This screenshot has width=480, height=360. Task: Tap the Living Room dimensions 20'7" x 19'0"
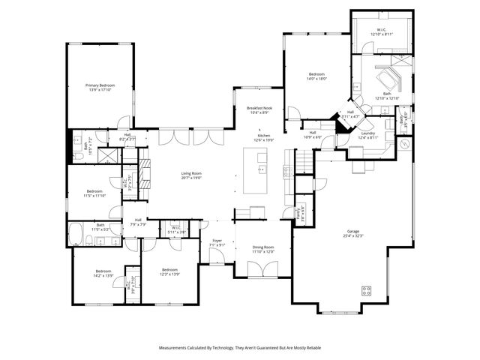(x=191, y=178)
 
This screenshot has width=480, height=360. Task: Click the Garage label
(x=352, y=231)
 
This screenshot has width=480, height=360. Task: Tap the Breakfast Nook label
(x=259, y=108)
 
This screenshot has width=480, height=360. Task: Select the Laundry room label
(x=367, y=133)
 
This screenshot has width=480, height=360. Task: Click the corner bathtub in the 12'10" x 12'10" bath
(x=388, y=79)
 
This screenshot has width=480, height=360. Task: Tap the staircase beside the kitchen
(x=302, y=160)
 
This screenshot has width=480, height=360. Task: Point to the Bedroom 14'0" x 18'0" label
(x=316, y=74)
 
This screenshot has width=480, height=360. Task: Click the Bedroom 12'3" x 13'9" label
(x=169, y=269)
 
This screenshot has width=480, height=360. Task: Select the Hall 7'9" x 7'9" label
(x=138, y=220)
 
